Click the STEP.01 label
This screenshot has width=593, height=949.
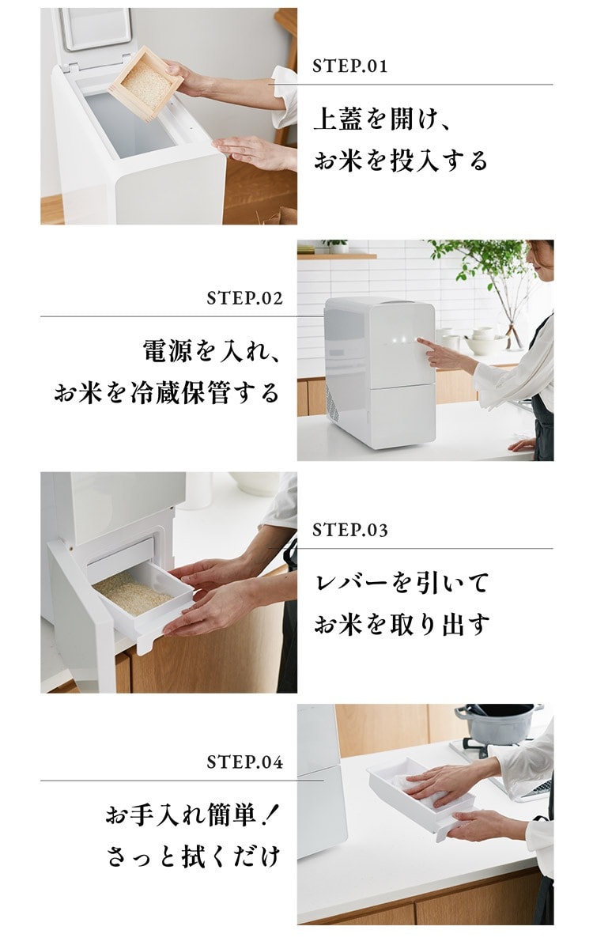(x=349, y=66)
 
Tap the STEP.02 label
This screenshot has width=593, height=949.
(x=245, y=298)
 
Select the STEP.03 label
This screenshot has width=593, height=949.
(x=349, y=531)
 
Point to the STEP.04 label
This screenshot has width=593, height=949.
(x=245, y=762)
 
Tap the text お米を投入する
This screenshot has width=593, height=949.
(x=401, y=161)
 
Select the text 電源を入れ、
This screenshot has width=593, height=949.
(x=210, y=351)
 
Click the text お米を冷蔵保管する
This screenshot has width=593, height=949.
(x=167, y=393)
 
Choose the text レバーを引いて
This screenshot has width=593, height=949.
(x=402, y=584)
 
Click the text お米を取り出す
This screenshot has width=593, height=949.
(x=402, y=625)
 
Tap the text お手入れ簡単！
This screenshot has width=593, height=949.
(x=191, y=815)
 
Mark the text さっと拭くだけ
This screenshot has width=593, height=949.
(x=193, y=856)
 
